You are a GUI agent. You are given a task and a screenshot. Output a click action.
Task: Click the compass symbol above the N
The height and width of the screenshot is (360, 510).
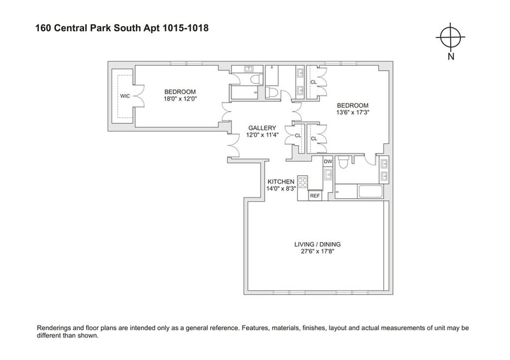tap(451, 37)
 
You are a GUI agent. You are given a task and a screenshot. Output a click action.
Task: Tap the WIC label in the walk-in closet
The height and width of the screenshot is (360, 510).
tap(125, 96)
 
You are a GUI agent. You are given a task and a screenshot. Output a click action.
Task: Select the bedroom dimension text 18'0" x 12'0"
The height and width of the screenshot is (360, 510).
tap(180, 99)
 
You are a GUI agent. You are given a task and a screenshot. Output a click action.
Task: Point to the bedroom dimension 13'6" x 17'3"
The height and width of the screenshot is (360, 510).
tap(353, 113)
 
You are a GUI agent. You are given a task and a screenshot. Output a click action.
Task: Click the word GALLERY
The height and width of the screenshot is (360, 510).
tap(262, 128)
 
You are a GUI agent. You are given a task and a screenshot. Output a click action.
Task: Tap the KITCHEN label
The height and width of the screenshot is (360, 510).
tap(280, 182)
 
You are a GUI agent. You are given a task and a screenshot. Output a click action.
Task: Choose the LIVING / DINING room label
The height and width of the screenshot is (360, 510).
tap(317, 244)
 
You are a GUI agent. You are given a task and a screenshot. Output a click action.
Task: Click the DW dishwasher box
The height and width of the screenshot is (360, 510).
tap(328, 161)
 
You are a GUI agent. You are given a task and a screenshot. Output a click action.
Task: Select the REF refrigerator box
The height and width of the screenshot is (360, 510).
tap(315, 196)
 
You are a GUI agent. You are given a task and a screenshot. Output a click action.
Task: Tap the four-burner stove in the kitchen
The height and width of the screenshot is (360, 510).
tap(303, 182)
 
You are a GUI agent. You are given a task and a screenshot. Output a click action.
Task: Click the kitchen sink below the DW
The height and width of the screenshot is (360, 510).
tap(328, 175)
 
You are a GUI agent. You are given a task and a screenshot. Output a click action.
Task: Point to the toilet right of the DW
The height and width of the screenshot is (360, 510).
tap(344, 162)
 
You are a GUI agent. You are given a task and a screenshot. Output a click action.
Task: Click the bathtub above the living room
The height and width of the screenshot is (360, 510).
tap(370, 192)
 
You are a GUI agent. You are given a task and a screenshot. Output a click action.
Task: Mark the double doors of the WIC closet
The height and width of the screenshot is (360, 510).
tap(138, 96)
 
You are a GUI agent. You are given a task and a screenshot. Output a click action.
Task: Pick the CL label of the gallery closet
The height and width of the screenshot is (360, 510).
tap(298, 136)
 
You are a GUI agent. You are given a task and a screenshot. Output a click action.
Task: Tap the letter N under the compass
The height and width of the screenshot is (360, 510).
tap(451, 56)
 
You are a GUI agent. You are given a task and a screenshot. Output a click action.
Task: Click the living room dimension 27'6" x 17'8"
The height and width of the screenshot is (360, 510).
tap(317, 252)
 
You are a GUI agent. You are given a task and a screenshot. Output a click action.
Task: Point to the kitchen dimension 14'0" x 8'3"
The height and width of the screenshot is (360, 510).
tap(280, 189)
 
